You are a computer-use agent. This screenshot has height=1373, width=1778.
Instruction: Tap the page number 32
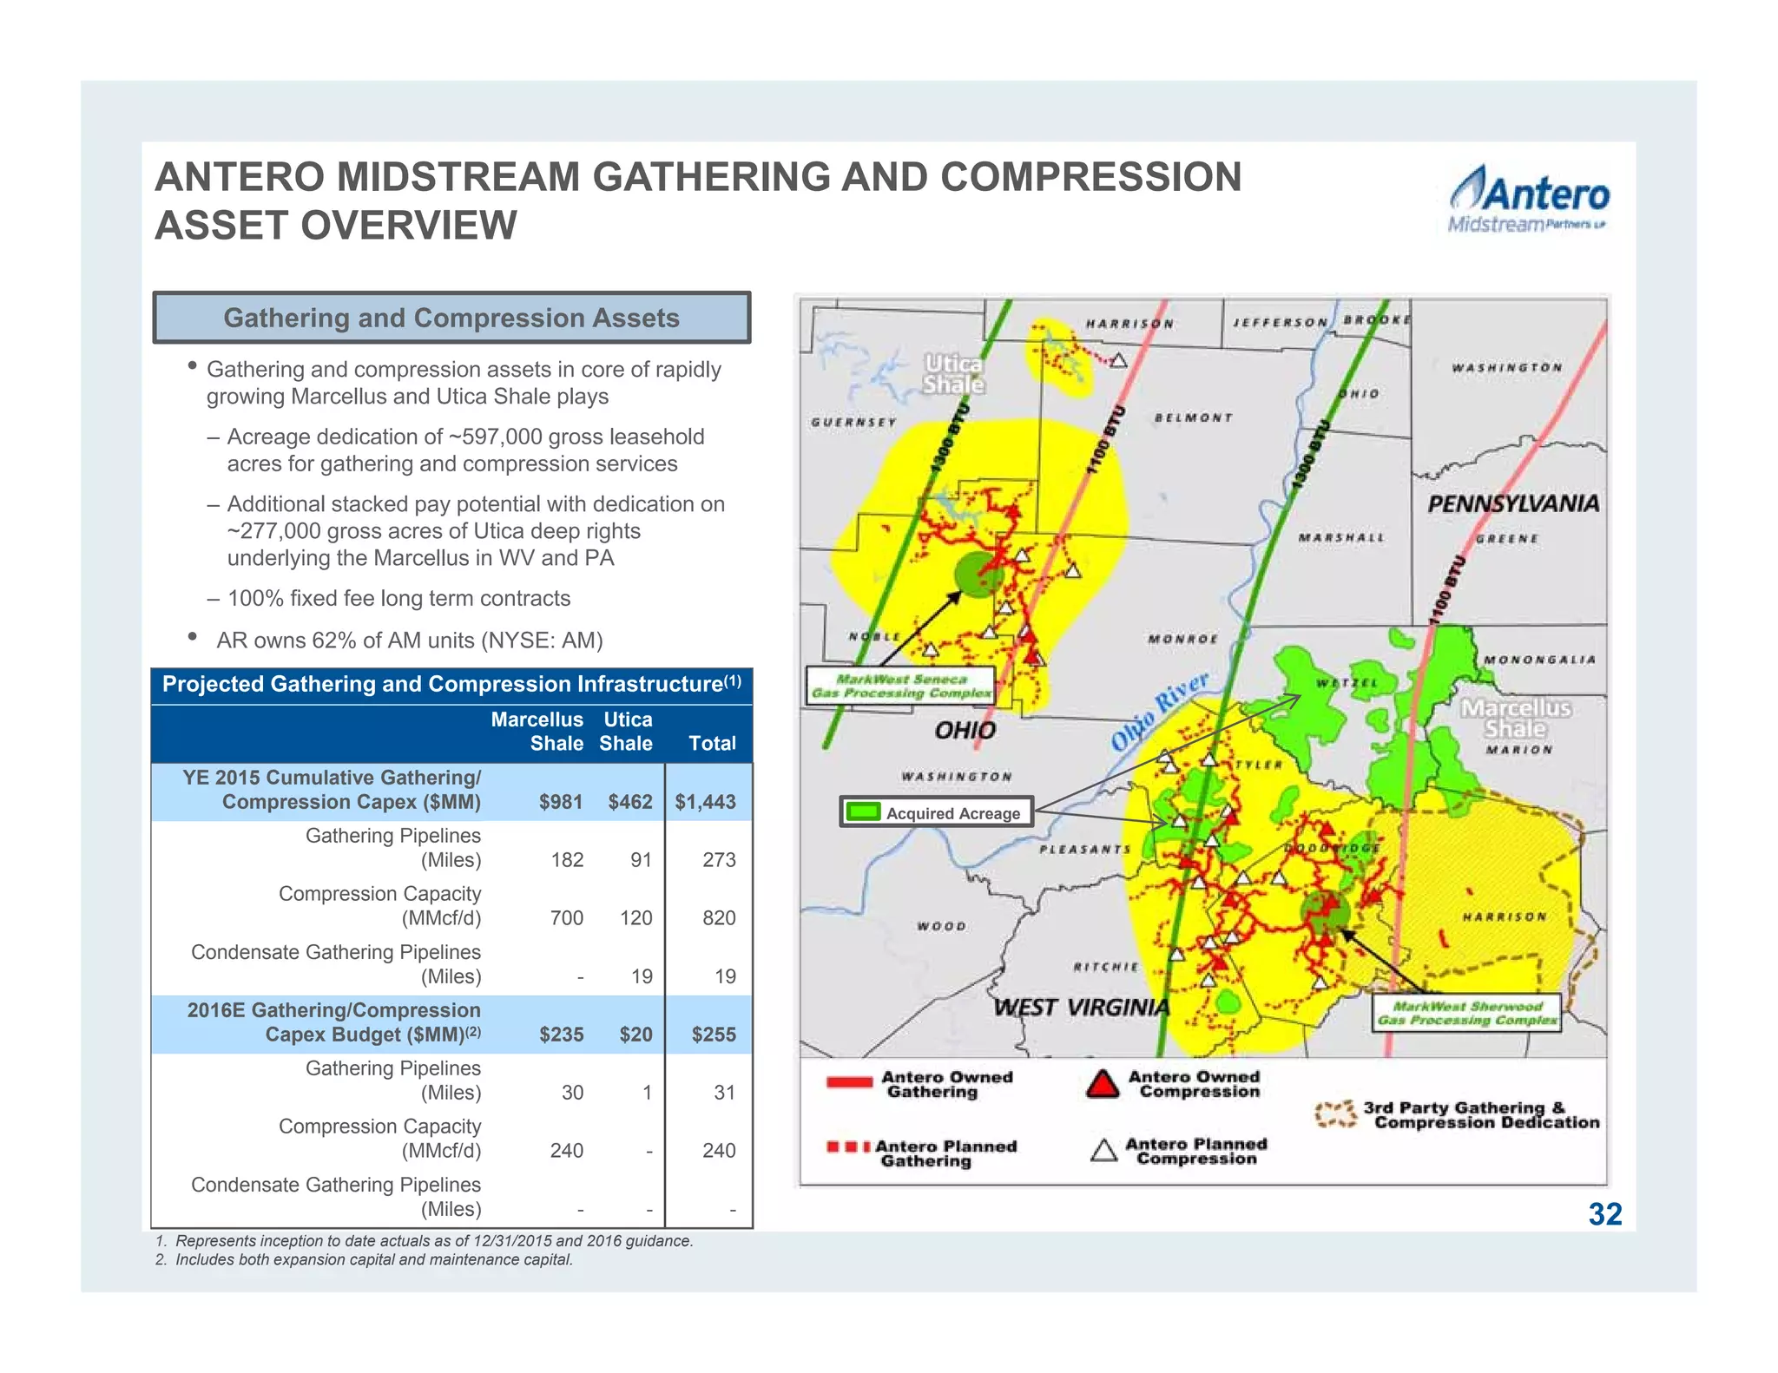tap(1604, 1214)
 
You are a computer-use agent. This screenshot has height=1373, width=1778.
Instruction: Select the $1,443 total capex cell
tap(705, 802)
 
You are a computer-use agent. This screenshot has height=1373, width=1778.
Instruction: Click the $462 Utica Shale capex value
tap(629, 802)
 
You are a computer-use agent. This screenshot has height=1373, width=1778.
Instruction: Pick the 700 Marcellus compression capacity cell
tap(566, 918)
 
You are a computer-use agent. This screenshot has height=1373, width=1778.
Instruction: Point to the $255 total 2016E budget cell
tap(713, 1035)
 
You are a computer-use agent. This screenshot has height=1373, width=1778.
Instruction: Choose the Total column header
tap(712, 743)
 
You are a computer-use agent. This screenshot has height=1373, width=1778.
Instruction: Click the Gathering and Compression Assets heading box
tap(451, 318)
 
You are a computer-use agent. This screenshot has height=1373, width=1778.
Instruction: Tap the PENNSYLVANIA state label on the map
tap(1512, 504)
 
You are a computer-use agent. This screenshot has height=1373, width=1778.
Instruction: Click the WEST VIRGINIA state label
tap(1081, 1008)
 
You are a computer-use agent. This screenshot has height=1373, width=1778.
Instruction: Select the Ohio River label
tap(1160, 709)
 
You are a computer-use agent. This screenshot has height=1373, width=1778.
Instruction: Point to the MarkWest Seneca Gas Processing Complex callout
tap(900, 686)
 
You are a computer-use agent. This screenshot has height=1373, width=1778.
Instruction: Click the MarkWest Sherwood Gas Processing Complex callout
tap(1466, 1013)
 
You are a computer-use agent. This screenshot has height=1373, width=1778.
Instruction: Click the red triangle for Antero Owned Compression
tap(1103, 1084)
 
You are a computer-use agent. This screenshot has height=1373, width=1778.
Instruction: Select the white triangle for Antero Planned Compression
tap(1103, 1152)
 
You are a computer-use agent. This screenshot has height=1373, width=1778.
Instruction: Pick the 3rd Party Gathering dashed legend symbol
tap(1335, 1114)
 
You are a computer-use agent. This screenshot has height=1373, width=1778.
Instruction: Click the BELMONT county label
tap(1193, 418)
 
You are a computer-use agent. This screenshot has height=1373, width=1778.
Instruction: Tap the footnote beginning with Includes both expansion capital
tap(373, 1260)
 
